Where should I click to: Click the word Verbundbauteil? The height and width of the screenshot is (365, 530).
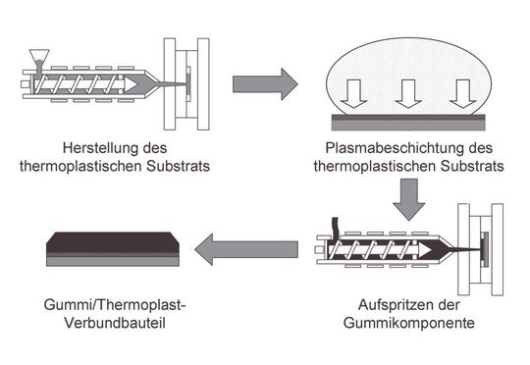click(x=115, y=324)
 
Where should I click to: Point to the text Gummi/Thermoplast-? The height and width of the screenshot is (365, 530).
click(x=115, y=306)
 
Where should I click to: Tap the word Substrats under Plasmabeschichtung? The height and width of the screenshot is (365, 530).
click(x=472, y=166)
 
